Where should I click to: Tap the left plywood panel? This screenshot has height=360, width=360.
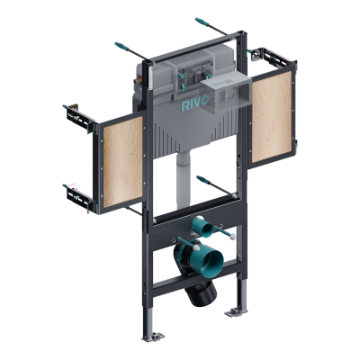tap(122, 162)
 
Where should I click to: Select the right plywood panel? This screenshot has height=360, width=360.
tap(272, 117)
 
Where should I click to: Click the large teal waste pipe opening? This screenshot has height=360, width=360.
tap(210, 261)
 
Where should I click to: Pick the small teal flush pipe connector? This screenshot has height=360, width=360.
tap(202, 228)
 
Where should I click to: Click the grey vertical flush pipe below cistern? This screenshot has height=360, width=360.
tap(184, 181)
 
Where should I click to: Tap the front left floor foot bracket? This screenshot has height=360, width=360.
tap(153, 337)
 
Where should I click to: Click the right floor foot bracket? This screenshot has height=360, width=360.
tap(236, 310)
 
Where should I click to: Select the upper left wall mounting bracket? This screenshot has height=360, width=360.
tap(79, 118)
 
